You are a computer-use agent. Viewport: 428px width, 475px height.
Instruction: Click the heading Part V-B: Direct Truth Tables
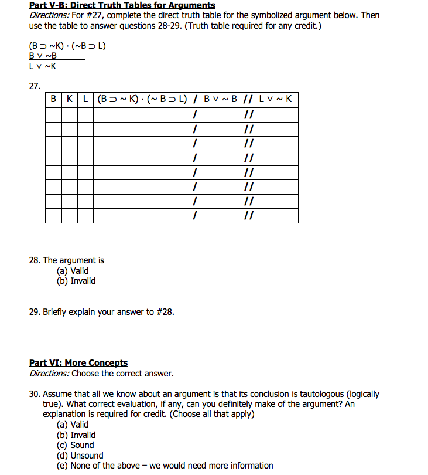click(x=122, y=5)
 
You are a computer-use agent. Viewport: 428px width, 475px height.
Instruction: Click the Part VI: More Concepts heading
click(x=78, y=364)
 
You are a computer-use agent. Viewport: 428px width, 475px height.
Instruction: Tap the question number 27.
click(x=35, y=86)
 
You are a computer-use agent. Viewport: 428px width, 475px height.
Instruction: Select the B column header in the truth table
click(x=53, y=99)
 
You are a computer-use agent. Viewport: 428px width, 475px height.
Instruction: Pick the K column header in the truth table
click(x=70, y=99)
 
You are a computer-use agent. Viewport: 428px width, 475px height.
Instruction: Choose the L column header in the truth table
click(x=85, y=99)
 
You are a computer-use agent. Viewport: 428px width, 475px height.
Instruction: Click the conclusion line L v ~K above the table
click(x=43, y=66)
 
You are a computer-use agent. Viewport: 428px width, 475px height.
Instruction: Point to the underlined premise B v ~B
click(x=43, y=56)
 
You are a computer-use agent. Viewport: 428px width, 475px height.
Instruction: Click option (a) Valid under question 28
click(x=73, y=271)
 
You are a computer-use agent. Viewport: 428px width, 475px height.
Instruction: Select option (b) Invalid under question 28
click(x=76, y=281)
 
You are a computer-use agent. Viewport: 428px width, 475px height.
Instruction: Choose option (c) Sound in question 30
click(x=75, y=445)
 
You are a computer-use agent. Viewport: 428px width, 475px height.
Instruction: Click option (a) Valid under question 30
click(x=73, y=425)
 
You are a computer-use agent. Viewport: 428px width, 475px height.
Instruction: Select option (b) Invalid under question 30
click(x=76, y=435)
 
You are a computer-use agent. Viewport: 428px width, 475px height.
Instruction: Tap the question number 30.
click(x=35, y=394)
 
